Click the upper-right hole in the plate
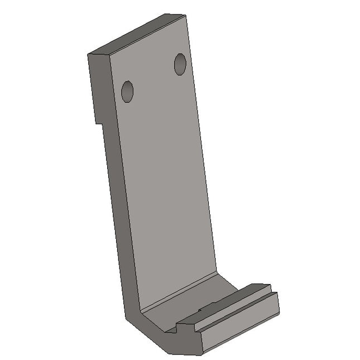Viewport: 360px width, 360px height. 180,64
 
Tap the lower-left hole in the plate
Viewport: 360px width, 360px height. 127,92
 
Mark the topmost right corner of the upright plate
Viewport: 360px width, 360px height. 185,15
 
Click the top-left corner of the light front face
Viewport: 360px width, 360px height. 110,55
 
